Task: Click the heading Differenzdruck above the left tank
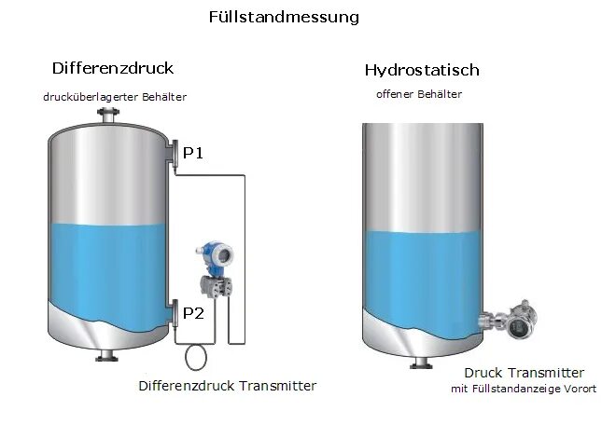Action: (113, 68)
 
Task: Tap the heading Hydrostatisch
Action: (422, 70)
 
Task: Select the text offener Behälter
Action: (419, 94)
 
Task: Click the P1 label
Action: (193, 154)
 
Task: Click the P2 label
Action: (193, 312)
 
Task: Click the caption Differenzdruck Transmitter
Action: (227, 386)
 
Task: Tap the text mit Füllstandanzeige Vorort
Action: (523, 390)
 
